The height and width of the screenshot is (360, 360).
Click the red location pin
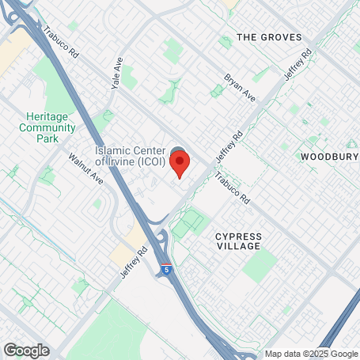click(x=180, y=165)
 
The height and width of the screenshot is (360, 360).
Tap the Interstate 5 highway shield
click(x=166, y=270)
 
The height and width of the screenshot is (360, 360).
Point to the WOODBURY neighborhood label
click(x=329, y=157)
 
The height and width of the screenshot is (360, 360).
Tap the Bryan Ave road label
click(x=240, y=88)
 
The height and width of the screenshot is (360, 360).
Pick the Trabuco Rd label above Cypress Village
click(x=233, y=187)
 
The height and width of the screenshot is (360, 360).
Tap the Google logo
click(x=25, y=351)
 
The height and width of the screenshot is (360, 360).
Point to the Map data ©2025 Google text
click(x=311, y=354)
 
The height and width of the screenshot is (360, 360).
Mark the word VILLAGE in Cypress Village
click(x=237, y=247)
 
